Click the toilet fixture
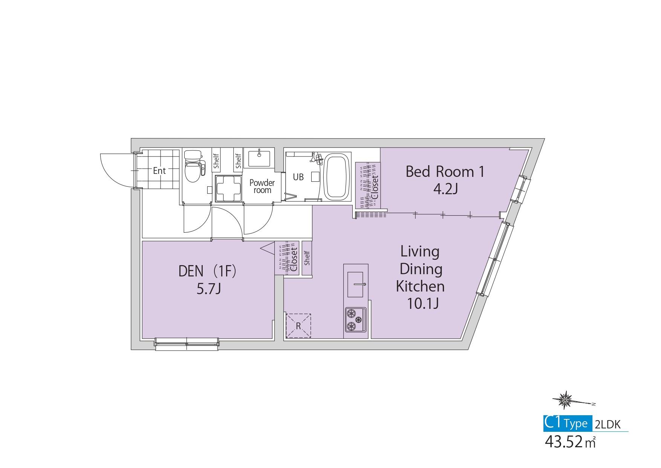[194, 166]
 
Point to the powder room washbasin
[259, 158]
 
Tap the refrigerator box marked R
[298, 325]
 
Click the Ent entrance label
[159, 170]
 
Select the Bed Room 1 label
[445, 172]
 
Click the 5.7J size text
[208, 289]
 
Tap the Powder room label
[262, 186]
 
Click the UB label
[298, 176]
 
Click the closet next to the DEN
[287, 258]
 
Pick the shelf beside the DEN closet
[306, 258]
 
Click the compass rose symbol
[565, 400]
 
